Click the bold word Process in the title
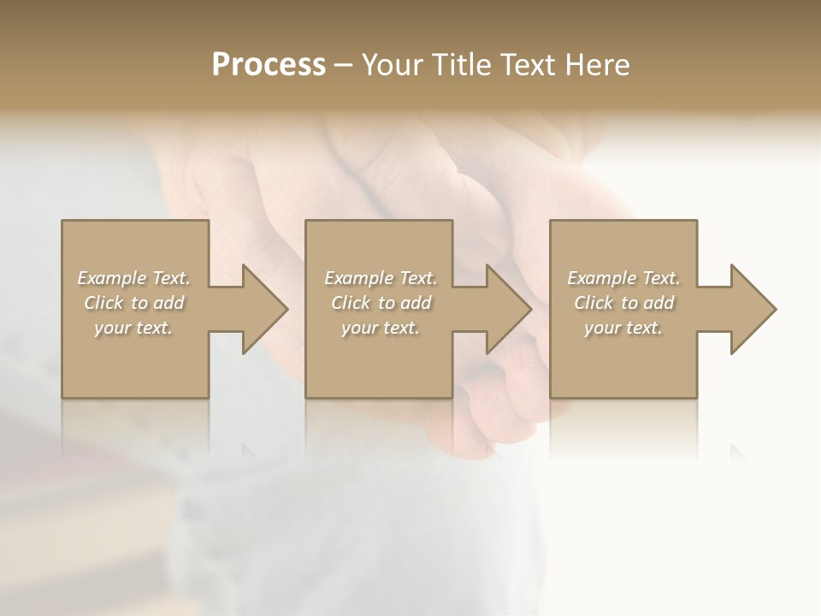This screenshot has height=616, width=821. (x=269, y=65)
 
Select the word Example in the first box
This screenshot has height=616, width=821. (x=111, y=278)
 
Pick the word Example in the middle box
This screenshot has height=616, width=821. (x=358, y=278)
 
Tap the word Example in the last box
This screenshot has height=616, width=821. (x=601, y=278)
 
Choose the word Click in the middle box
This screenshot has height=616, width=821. (x=351, y=303)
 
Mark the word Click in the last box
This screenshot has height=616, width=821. (x=594, y=303)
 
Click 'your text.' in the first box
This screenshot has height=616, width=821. (x=133, y=328)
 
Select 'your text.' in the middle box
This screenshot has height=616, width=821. (x=381, y=328)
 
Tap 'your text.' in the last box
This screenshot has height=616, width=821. (x=623, y=328)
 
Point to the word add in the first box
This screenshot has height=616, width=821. (x=168, y=303)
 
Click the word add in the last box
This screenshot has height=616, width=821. (x=659, y=303)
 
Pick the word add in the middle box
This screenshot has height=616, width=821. (x=416, y=303)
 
